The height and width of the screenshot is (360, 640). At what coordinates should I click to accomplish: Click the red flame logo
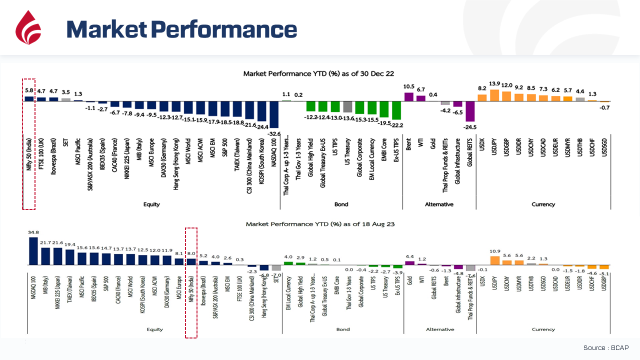(28, 28)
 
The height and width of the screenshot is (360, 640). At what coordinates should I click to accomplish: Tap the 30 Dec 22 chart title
(318, 73)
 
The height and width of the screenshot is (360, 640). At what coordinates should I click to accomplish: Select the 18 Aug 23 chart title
(320, 224)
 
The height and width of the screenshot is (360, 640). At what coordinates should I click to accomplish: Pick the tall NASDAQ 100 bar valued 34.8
(33, 250)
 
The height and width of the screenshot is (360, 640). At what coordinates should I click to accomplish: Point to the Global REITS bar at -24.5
(470, 111)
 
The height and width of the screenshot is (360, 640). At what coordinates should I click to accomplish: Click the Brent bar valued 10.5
(409, 97)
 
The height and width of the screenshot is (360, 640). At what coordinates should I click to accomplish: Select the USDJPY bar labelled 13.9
(494, 95)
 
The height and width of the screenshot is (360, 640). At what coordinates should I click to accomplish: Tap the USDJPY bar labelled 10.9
(495, 260)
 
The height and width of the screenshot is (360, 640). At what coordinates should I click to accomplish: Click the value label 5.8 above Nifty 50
(29, 91)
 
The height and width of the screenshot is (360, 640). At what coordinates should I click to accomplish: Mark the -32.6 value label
(274, 133)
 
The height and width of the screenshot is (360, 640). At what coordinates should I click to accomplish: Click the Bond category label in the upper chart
(341, 204)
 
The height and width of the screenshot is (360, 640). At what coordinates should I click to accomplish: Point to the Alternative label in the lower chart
(440, 329)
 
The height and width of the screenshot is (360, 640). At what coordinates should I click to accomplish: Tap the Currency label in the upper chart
(543, 204)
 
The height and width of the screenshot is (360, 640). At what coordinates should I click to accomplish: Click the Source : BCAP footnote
(605, 347)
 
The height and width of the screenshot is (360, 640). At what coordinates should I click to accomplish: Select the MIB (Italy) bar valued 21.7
(45, 255)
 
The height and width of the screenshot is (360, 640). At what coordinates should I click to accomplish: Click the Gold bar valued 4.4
(409, 262)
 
